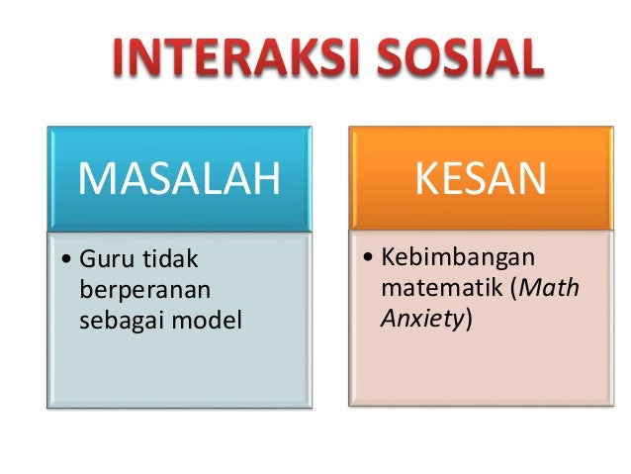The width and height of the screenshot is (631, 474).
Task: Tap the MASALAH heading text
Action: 179,179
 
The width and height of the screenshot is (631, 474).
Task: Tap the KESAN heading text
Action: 480,179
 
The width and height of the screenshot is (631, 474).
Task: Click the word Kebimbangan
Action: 458,259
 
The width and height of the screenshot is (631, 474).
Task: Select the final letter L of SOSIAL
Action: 529,60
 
